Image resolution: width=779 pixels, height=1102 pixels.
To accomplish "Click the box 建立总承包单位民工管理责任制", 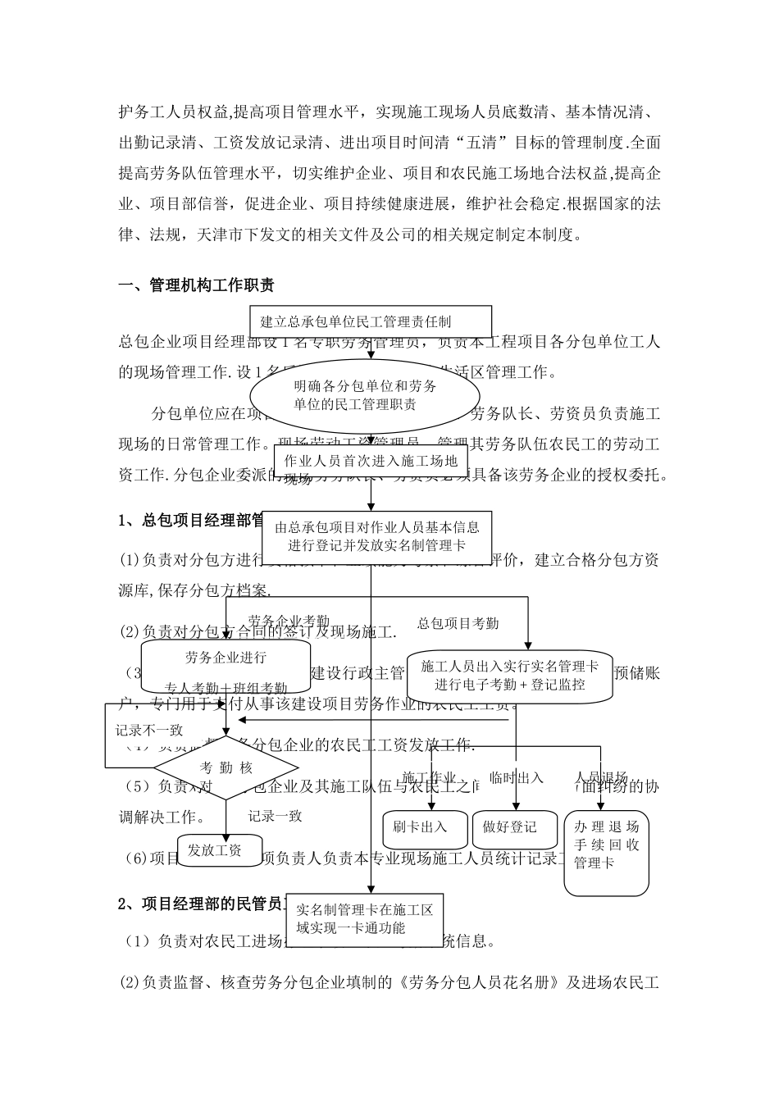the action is click(371, 321).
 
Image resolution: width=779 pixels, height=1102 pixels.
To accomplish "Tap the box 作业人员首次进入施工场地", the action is click(371, 462).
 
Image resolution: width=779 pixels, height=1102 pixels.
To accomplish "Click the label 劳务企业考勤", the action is click(289, 622).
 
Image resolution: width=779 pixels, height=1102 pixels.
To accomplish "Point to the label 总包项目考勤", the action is click(458, 624).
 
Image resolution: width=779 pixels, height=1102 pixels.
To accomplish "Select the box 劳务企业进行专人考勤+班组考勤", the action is click(225, 668).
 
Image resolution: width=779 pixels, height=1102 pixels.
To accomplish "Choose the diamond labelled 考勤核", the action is click(226, 768).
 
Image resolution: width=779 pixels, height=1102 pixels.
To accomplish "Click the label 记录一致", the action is click(275, 816).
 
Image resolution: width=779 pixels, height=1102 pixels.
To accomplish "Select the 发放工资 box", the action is click(214, 850).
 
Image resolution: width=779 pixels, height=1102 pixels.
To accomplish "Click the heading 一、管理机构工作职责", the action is click(196, 285).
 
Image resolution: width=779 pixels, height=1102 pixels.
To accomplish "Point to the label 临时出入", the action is click(517, 777).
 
